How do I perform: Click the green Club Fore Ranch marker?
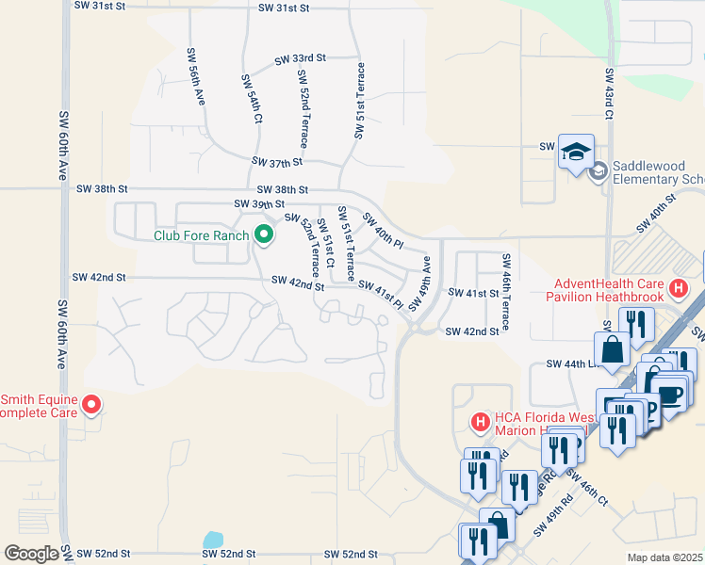pyautogui.click(x=263, y=235)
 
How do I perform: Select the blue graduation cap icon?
pyautogui.click(x=575, y=151)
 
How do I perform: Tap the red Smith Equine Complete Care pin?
pyautogui.click(x=91, y=406)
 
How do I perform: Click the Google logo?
pyautogui.click(x=31, y=554)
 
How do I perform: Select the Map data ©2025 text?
pyautogui.click(x=664, y=557)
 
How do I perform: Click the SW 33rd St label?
pyautogui.click(x=300, y=58)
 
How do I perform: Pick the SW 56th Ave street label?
pyautogui.click(x=195, y=75)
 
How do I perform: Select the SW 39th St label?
pyautogui.click(x=259, y=203)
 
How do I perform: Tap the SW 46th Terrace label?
pyautogui.click(x=506, y=292)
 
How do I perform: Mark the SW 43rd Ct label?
pyautogui.click(x=610, y=93)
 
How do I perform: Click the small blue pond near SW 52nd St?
pyautogui.click(x=213, y=541)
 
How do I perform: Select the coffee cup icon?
pyautogui.click(x=670, y=393)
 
